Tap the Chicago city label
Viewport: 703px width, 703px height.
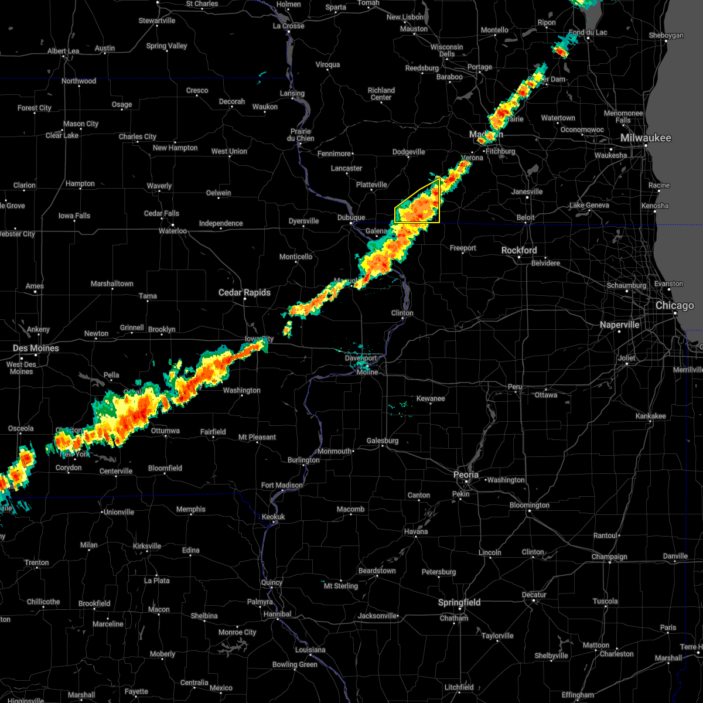point(675,305)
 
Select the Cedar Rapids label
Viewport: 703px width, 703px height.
point(244,292)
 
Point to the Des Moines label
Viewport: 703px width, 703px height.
point(36,348)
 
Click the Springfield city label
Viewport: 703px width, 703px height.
point(460,602)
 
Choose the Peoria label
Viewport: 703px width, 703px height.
point(466,475)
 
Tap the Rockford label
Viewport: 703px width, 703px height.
point(519,250)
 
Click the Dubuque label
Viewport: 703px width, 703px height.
point(351,217)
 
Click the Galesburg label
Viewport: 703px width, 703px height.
point(383,441)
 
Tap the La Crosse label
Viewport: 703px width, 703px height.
point(288,26)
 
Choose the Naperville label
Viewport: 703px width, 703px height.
point(619,325)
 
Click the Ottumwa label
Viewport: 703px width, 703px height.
point(165,431)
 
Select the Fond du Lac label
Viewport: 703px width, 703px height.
point(588,32)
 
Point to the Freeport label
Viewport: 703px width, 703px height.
point(463,248)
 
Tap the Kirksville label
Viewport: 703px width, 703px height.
point(146,546)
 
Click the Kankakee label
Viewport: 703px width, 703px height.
point(651,416)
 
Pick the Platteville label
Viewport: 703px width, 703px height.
point(371,185)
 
